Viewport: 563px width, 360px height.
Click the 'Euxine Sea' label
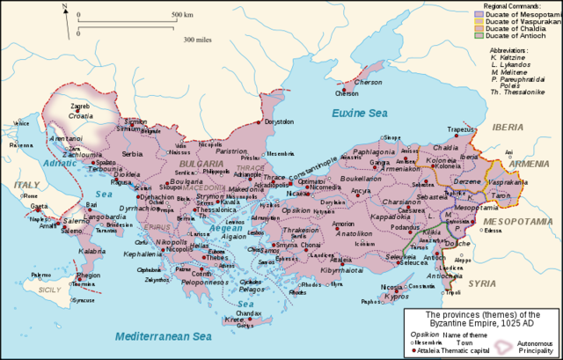tap(358, 114)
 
